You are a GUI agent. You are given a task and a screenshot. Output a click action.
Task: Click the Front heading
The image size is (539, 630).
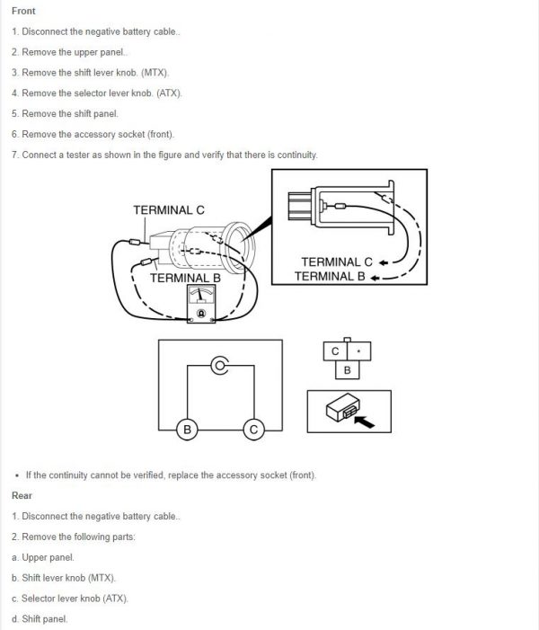click(24, 11)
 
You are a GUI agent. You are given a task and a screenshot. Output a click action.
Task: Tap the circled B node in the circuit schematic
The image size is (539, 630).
click(187, 430)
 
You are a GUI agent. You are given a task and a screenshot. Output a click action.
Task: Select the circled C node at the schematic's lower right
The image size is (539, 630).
click(253, 430)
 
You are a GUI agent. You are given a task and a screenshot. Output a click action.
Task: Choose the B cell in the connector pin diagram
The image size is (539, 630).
click(348, 369)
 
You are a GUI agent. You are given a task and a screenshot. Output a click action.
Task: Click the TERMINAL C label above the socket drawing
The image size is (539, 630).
click(168, 210)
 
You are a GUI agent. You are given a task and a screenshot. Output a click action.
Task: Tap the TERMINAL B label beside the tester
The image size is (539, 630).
click(184, 278)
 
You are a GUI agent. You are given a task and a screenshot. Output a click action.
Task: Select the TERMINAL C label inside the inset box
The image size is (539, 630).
click(338, 262)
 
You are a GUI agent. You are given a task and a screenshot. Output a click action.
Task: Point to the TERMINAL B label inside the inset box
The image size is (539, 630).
click(330, 276)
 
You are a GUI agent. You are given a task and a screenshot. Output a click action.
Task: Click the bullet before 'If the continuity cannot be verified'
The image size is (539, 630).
click(18, 475)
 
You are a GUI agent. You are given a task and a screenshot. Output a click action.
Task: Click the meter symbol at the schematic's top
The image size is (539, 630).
click(219, 365)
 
